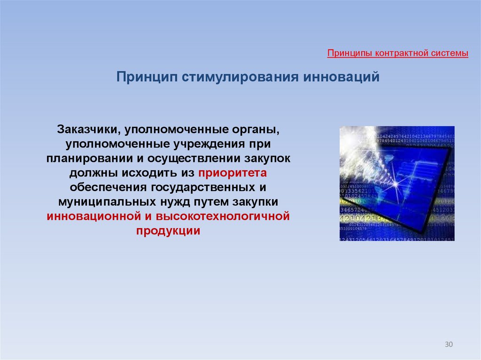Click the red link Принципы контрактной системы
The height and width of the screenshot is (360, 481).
(397, 54)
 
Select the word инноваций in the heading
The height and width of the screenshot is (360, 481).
(341, 77)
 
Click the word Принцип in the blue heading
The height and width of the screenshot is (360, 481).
(147, 77)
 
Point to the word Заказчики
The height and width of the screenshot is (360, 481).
(88, 130)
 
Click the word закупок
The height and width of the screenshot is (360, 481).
(267, 159)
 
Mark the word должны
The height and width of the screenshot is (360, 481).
(93, 173)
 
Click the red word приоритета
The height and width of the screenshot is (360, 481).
(233, 173)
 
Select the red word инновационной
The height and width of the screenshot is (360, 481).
(94, 216)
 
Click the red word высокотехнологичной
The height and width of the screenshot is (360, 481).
(223, 216)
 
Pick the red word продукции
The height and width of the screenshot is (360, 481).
(168, 230)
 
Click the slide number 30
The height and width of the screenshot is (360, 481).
(449, 345)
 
